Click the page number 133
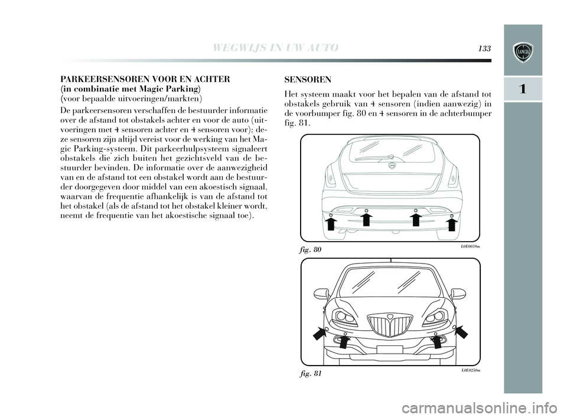[x=485, y=48]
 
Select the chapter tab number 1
[x=523, y=89]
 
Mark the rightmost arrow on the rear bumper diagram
[x=452, y=224]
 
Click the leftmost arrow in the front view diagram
[x=319, y=334]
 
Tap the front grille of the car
[x=390, y=325]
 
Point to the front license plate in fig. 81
[x=390, y=350]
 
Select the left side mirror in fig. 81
[x=321, y=293]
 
